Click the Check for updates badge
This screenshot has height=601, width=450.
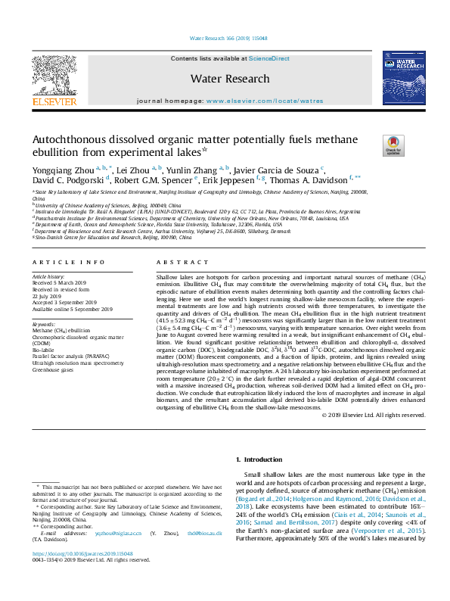pos(393,145)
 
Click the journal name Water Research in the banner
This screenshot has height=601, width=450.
pos(230,79)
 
